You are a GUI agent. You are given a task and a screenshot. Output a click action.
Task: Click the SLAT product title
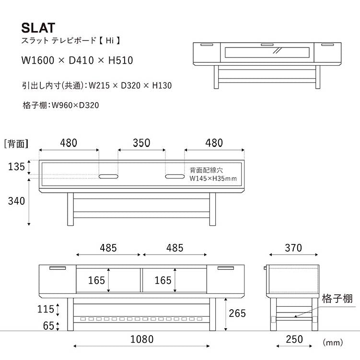pos(38,27)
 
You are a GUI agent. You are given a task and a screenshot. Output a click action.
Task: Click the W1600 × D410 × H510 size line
pos(77,60)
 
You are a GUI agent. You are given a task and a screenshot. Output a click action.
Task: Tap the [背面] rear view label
pos(16,143)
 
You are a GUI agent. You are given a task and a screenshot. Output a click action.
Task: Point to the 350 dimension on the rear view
pos(141,143)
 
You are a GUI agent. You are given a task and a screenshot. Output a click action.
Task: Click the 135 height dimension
pos(16,167)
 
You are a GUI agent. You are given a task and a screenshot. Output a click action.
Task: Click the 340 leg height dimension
pos(16,201)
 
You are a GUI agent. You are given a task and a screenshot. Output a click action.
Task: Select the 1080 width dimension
pos(142,339)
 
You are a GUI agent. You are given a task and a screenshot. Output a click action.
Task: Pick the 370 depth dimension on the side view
pos(293,248)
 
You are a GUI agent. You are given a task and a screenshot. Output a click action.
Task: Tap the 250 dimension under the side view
pos(294,339)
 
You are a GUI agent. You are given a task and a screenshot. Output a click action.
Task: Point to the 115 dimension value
pos(46,309)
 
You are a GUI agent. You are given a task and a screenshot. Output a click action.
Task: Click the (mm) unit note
pos(333,342)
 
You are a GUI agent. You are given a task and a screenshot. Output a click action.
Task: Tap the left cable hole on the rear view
pos(109,177)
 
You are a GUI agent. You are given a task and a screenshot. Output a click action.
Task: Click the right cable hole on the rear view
pos(174,177)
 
